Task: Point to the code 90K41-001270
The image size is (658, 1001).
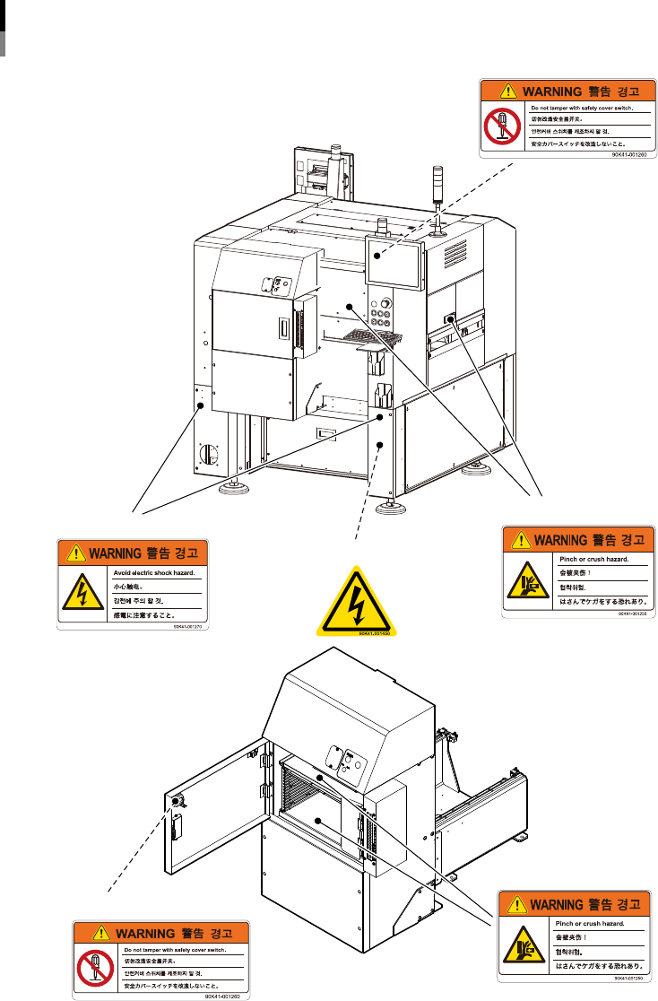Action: pos(190,628)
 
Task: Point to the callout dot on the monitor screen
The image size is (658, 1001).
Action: pos(377,256)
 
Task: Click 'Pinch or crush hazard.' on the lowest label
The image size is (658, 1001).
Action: pos(589,922)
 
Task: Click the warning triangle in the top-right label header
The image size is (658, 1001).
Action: pos(506,91)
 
